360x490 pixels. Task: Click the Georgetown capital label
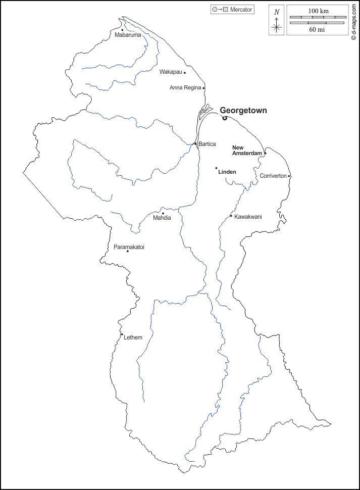tap(243, 110)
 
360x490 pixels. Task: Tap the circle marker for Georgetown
tap(225, 118)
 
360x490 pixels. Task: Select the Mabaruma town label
tap(128, 35)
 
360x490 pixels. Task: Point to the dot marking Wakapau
tap(185, 72)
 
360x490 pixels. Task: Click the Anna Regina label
tap(185, 88)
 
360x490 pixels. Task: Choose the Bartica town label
tap(207, 144)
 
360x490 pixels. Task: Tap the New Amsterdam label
tap(247, 150)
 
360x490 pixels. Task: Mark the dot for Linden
tap(216, 168)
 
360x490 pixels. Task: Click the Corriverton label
tap(273, 176)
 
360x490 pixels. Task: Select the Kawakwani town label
tap(248, 216)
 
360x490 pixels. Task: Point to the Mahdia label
tap(162, 218)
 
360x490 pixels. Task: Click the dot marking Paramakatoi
tap(128, 251)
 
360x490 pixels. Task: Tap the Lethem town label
tap(133, 337)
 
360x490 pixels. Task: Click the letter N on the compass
tap(276, 12)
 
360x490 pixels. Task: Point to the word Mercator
tap(241, 10)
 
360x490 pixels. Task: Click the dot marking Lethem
tap(122, 334)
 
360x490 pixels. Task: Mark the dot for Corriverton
tap(289, 176)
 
